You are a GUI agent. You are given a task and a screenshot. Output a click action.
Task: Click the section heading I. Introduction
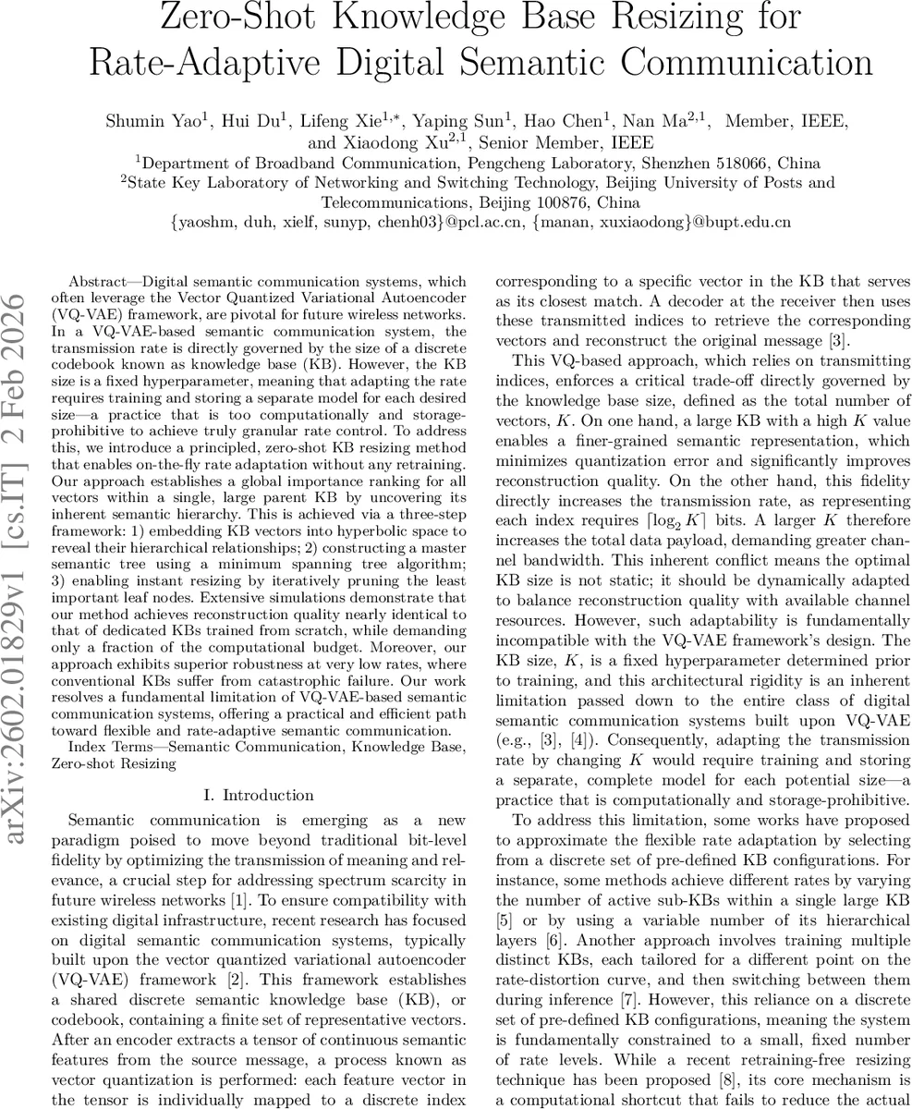pyautogui.click(x=257, y=795)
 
